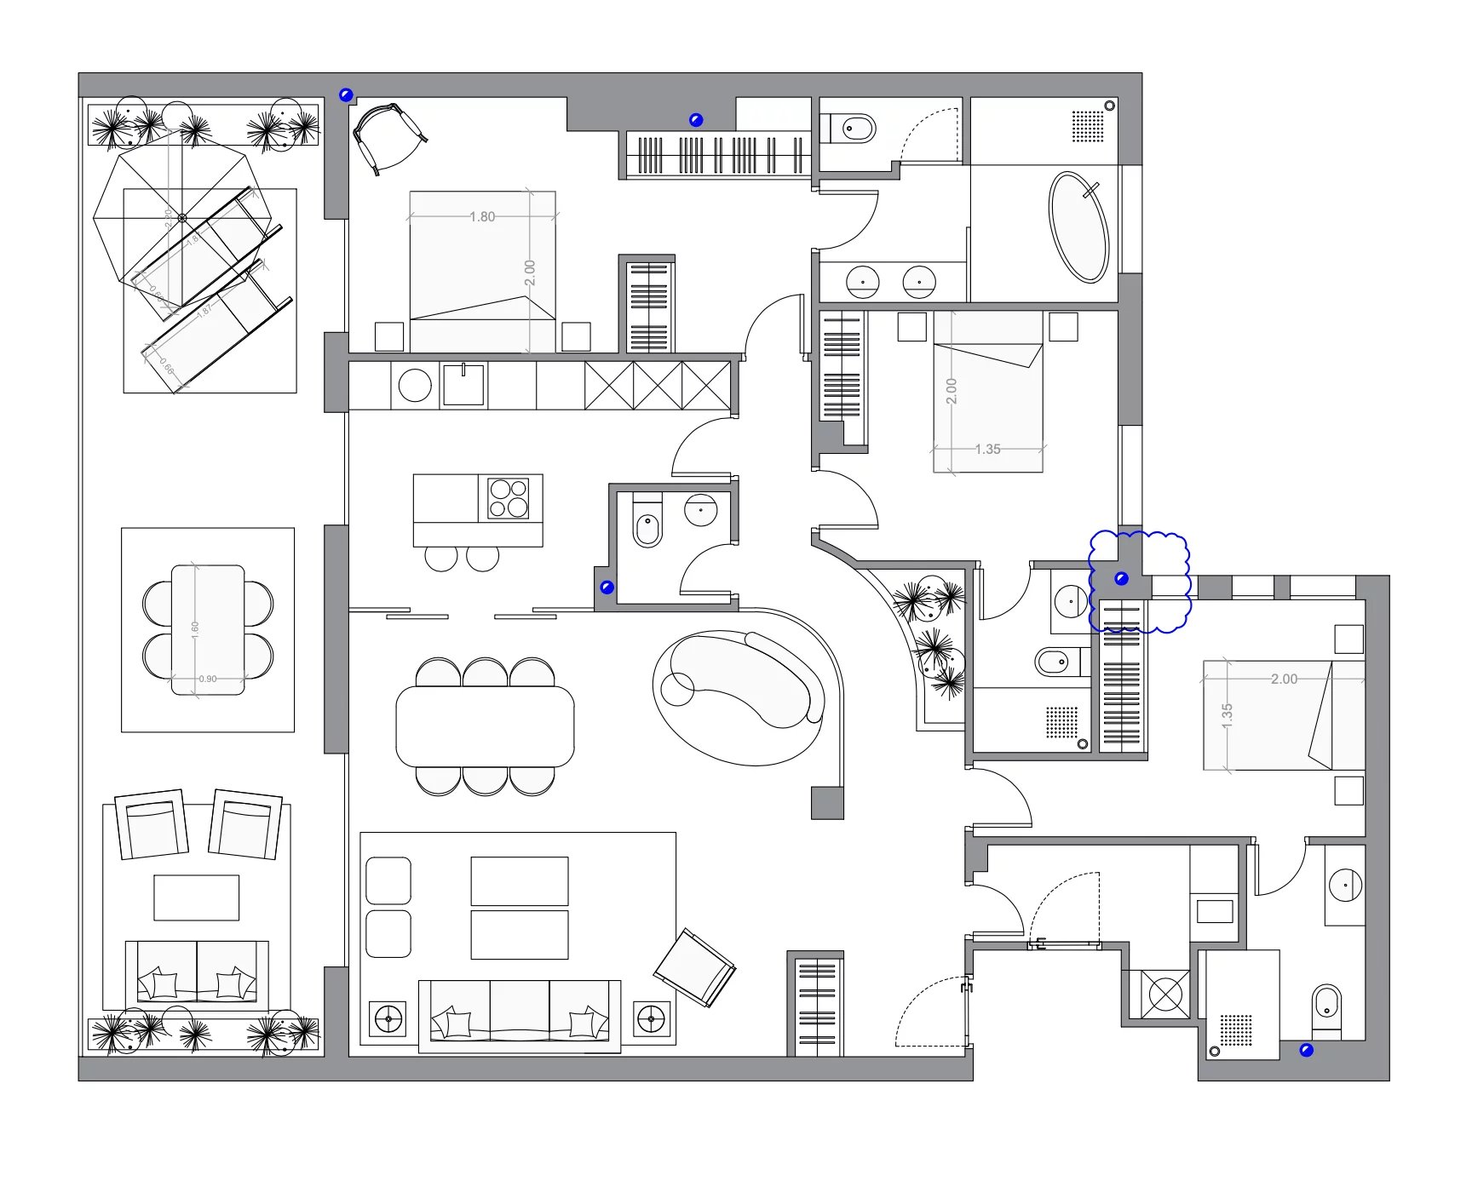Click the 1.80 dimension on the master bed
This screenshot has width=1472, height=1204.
[482, 216]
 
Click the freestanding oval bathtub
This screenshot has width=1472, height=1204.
[1078, 227]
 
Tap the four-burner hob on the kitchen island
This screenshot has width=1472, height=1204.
[508, 498]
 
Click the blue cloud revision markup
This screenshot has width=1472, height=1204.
[1139, 582]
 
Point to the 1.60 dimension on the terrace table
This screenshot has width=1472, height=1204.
[195, 629]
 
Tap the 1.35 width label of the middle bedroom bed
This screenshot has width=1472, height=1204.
[987, 449]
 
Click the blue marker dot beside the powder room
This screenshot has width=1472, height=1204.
[607, 588]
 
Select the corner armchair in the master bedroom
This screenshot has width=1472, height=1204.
[388, 136]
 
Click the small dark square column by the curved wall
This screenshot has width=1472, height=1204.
[826, 803]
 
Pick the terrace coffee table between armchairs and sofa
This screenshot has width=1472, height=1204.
[196, 897]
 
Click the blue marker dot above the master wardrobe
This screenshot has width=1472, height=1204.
[696, 120]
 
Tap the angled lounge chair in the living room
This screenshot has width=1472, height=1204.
[694, 968]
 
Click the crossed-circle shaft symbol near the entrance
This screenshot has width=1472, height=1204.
[1165, 994]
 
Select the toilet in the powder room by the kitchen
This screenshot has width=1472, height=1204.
[647, 525]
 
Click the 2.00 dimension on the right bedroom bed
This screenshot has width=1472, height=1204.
[1284, 679]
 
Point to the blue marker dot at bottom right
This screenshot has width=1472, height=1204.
[1306, 1051]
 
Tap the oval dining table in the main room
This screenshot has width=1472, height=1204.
[485, 726]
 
